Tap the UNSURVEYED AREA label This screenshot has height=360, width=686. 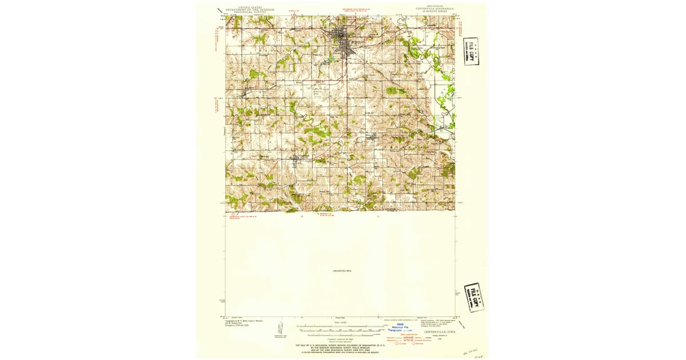tap(341, 270)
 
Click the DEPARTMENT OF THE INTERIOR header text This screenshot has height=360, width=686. tap(250, 10)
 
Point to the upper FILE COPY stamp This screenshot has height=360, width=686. tap(471, 51)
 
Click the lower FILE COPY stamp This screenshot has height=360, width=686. tap(474, 297)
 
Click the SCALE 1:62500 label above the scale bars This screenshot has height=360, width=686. tap(341, 323)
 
